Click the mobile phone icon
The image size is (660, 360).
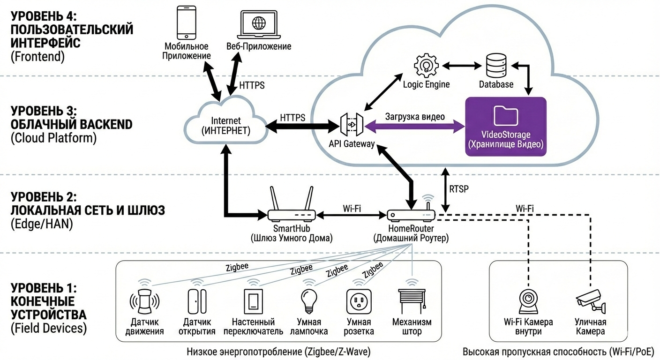pyautogui.click(x=186, y=22)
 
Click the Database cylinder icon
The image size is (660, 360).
pyautogui.click(x=496, y=66)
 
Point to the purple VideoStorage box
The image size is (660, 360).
pyautogui.click(x=505, y=127)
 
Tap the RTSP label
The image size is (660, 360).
pyautogui.click(x=459, y=188)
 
